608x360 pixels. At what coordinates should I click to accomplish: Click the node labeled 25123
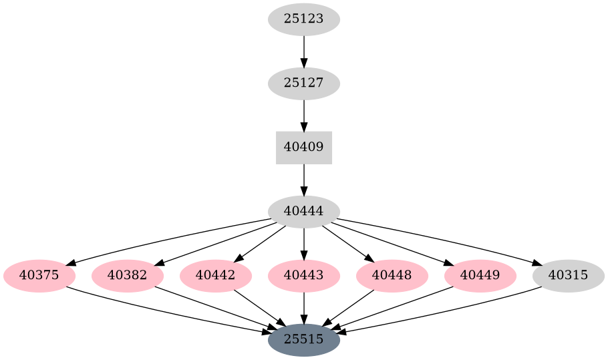(304, 19)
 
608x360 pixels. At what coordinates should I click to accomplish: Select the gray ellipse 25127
(304, 83)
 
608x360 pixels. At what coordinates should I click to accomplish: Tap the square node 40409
(304, 148)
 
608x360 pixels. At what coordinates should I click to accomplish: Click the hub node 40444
(304, 212)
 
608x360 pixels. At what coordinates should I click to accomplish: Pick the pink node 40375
(39, 276)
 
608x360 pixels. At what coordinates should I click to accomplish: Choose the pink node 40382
(128, 276)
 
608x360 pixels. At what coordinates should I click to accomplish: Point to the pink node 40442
(216, 276)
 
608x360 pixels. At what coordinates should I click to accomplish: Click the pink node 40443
(304, 276)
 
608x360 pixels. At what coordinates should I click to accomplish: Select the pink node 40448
(392, 276)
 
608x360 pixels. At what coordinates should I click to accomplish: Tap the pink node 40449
(480, 276)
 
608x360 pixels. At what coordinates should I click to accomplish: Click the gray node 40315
(569, 276)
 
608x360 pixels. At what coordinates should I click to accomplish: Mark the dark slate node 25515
(304, 340)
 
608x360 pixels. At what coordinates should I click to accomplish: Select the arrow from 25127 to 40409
(304, 116)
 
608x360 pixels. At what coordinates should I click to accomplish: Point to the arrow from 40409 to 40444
(304, 180)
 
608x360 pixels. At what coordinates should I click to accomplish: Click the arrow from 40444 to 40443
(304, 244)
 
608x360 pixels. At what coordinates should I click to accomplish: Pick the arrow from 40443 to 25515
(304, 308)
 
